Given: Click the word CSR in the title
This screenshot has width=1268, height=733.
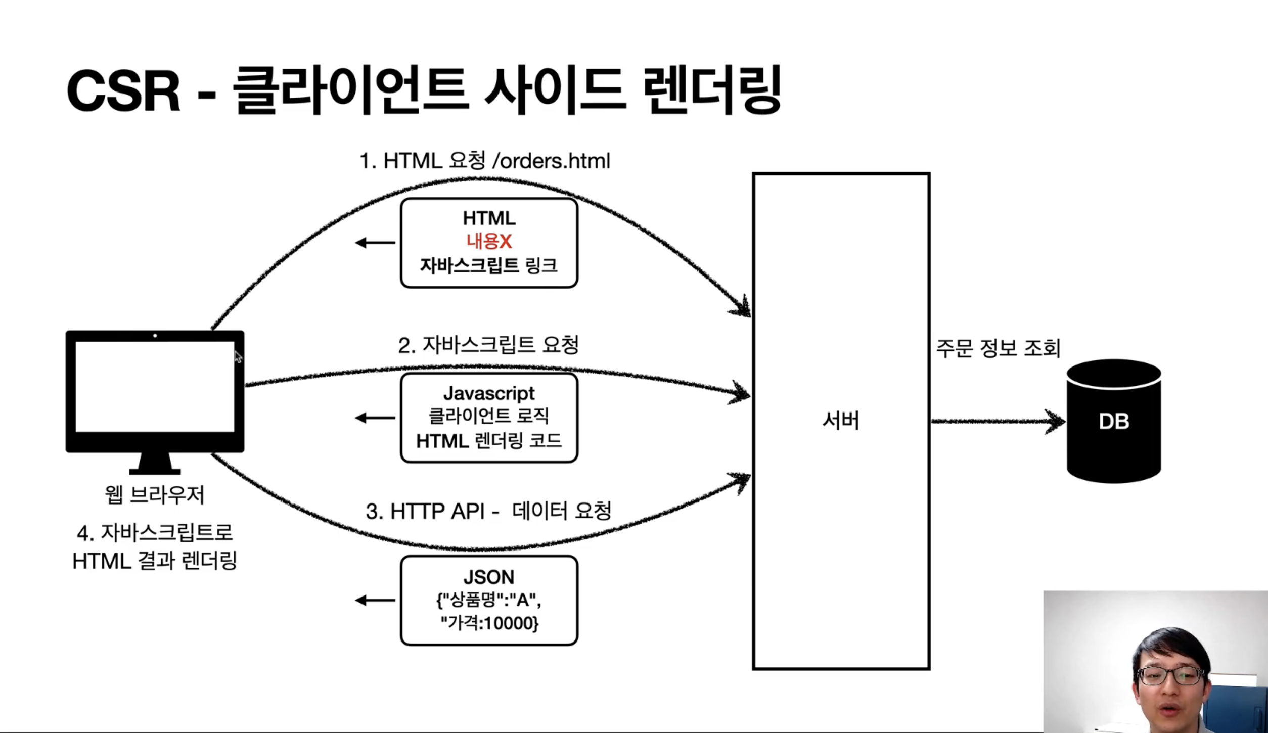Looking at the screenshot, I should click(x=123, y=91).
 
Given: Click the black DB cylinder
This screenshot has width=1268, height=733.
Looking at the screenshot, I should click(x=1113, y=421).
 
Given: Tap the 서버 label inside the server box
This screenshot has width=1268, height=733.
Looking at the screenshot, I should click(x=841, y=421).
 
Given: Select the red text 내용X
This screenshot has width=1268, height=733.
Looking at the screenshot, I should click(x=489, y=241).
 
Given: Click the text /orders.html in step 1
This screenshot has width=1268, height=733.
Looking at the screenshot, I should click(x=551, y=161).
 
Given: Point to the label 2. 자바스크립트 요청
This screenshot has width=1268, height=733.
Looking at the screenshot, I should click(x=488, y=345).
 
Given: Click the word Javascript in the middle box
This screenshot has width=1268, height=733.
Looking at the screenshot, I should click(x=489, y=393).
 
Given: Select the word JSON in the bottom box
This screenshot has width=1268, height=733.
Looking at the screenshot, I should click(x=489, y=577).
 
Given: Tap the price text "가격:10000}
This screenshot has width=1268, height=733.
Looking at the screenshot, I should click(x=489, y=623).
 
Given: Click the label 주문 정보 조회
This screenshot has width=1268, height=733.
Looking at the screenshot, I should click(x=998, y=348).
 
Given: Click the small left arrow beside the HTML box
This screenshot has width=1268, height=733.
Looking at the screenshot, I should click(x=375, y=243).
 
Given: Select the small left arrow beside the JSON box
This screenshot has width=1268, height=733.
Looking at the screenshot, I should click(x=375, y=601).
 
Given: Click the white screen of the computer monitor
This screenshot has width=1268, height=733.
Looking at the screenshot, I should click(x=155, y=387).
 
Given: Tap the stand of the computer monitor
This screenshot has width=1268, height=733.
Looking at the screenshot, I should click(x=155, y=463).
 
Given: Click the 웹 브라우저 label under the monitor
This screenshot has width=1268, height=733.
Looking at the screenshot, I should click(x=155, y=495).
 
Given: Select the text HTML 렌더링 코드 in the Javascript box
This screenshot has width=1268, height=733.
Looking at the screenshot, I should click(x=489, y=441).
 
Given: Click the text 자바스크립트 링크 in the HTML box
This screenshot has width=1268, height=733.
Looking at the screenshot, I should click(x=489, y=265).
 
